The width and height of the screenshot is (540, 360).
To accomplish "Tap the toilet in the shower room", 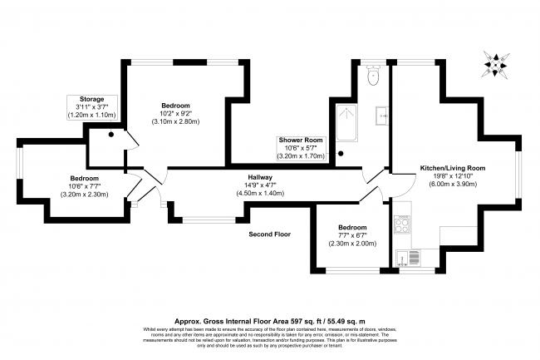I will (373, 76).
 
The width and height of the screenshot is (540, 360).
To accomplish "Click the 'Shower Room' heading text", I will (302, 141).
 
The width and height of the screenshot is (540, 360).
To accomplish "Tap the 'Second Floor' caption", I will (270, 235).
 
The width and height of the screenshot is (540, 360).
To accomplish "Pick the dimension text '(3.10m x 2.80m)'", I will (175, 122).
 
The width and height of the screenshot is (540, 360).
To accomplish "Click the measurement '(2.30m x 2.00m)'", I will (351, 244).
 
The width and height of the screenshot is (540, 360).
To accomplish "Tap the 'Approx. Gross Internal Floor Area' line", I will (269, 320).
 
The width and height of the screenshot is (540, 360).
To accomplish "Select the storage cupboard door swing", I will (125, 139).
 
